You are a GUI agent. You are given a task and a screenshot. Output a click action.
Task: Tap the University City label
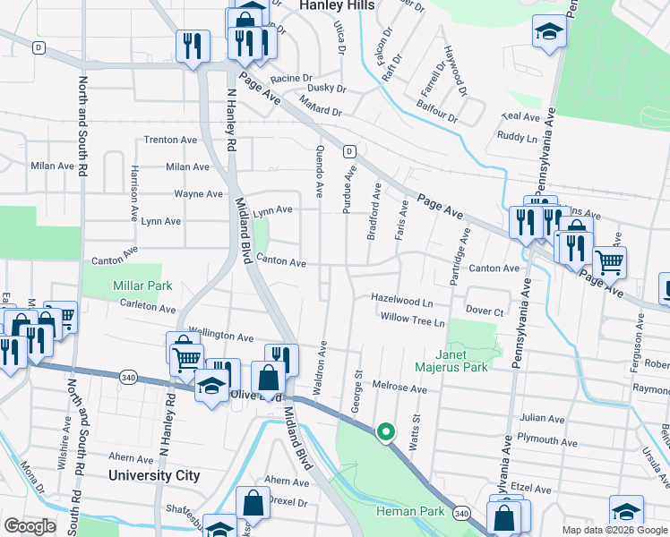click(x=154, y=475)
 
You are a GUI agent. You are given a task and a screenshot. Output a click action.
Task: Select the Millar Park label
click(x=141, y=286)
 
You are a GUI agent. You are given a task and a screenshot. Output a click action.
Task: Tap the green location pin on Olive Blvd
click(x=386, y=432)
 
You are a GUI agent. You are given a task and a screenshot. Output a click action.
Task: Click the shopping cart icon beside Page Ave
click(x=609, y=261)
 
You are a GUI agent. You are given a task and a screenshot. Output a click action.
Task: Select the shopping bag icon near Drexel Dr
click(x=253, y=503)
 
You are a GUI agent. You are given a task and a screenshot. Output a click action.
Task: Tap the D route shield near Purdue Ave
click(x=349, y=151)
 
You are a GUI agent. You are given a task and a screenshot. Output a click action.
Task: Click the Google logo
click(x=30, y=525)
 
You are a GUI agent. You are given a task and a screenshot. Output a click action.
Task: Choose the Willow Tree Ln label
click(x=412, y=320)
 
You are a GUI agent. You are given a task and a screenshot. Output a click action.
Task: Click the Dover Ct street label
click(x=485, y=311)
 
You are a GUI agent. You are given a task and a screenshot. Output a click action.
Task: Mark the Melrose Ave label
click(x=399, y=389)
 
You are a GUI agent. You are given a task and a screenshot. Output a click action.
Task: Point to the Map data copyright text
click(x=614, y=530)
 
